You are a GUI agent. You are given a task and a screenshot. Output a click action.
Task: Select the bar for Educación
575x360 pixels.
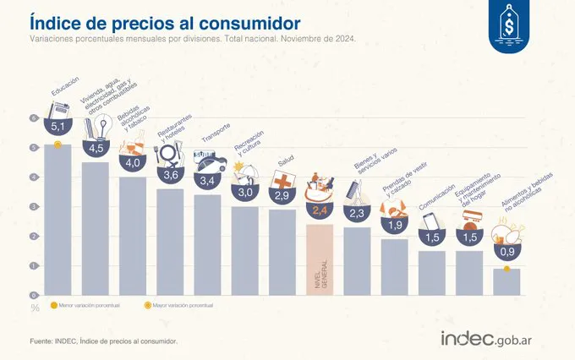57,220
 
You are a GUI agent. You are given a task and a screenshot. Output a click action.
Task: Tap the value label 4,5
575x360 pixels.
96,149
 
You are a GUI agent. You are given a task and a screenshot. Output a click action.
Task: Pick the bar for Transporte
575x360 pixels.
207,245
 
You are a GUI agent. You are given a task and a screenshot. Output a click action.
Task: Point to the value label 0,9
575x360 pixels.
507,251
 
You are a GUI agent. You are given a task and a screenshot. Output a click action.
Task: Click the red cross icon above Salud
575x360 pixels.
282,180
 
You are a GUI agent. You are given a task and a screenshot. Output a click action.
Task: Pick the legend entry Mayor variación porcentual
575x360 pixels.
178,304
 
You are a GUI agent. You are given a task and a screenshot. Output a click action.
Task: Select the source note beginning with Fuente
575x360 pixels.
103,341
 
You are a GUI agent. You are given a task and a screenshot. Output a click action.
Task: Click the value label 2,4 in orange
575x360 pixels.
320,210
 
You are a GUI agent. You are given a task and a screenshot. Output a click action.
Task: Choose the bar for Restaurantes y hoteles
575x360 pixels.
170,242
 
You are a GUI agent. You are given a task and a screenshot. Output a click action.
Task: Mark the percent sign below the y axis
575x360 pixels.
36,308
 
